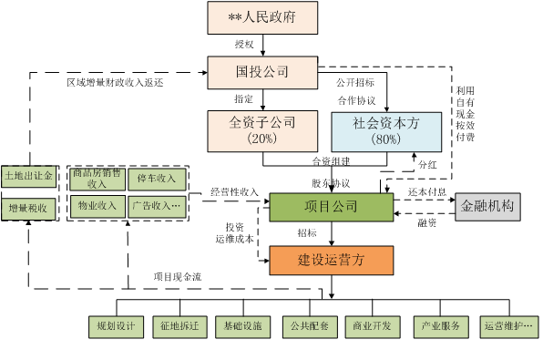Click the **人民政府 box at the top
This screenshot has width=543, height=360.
(261, 17)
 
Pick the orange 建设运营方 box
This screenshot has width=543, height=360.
(331, 260)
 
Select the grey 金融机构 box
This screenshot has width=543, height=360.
(487, 206)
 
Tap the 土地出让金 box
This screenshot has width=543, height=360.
(29, 174)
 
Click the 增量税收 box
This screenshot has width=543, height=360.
(29, 208)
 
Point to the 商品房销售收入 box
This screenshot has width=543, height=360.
(96, 179)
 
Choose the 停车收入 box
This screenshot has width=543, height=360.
(155, 179)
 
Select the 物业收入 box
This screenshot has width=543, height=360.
(96, 206)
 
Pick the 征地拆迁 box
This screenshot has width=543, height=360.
(179, 325)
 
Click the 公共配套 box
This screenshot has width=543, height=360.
(309, 325)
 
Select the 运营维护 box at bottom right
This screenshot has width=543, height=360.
(507, 325)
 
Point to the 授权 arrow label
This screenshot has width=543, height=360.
(244, 44)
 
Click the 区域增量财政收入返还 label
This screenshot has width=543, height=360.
(116, 82)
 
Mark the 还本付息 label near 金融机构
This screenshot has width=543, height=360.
(427, 192)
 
